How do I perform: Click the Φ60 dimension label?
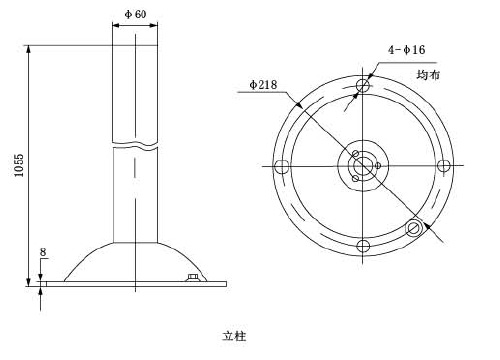click(x=135, y=14)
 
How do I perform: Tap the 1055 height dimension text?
click(x=19, y=165)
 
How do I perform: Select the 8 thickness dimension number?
click(x=43, y=252)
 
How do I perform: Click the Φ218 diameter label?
click(x=263, y=85)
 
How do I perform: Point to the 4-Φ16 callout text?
click(x=406, y=50)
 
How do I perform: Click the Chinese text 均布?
click(x=428, y=74)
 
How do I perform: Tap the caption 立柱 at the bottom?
click(x=234, y=336)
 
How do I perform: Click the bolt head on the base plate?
click(x=193, y=278)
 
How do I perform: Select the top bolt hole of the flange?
click(x=363, y=85)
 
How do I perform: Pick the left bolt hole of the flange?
click(x=281, y=166)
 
